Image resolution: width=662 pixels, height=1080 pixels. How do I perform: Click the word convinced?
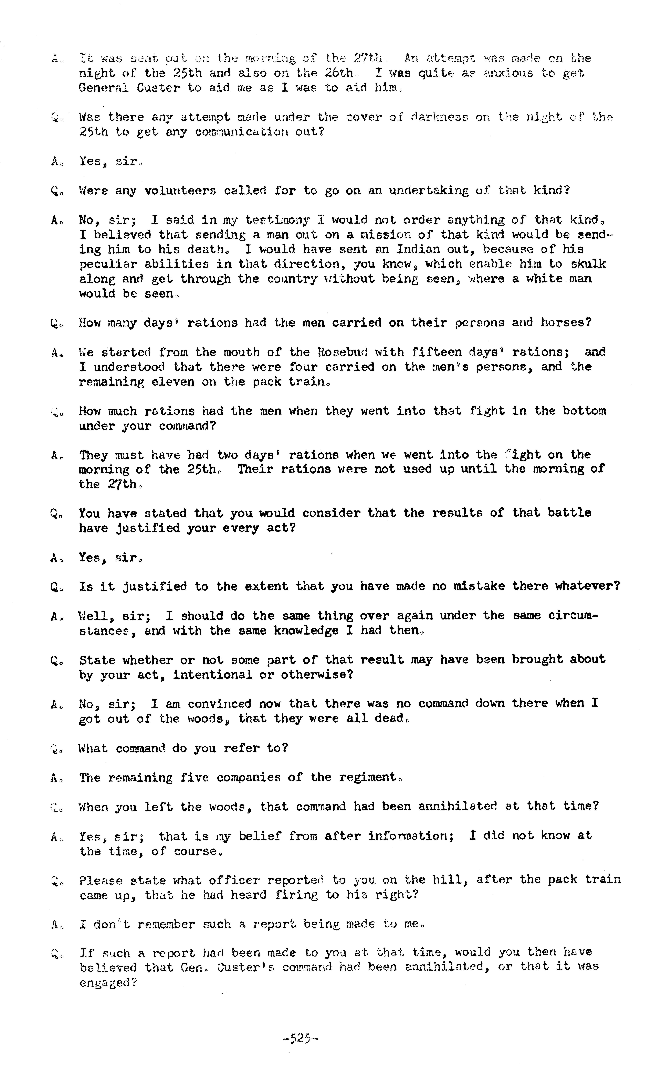tap(220, 704)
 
